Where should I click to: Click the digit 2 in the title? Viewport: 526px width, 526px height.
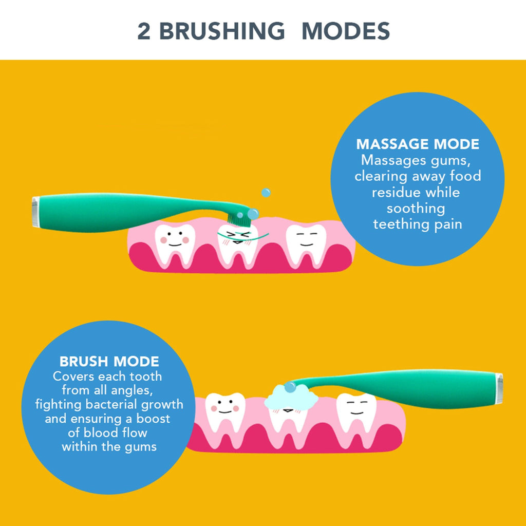(x=144, y=31)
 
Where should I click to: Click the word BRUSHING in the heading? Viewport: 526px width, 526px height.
(x=222, y=31)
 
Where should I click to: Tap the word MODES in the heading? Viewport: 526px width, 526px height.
(x=346, y=31)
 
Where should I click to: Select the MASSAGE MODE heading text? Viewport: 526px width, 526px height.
(x=418, y=144)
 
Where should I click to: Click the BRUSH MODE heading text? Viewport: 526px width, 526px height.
(x=109, y=362)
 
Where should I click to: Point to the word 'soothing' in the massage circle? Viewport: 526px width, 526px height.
(x=416, y=209)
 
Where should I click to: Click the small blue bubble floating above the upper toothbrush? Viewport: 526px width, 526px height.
(x=266, y=193)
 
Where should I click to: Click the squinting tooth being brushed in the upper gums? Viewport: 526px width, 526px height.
(x=237, y=246)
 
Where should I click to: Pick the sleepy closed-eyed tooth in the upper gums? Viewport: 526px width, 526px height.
(x=306, y=245)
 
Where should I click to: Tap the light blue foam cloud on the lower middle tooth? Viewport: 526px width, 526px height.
(x=291, y=397)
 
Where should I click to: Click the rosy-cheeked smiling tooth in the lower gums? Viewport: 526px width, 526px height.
(x=225, y=417)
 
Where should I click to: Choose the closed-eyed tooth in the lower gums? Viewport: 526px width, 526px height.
(x=356, y=416)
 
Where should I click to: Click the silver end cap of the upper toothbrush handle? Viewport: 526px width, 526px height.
(x=35, y=212)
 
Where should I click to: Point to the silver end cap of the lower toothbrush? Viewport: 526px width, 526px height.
(x=499, y=388)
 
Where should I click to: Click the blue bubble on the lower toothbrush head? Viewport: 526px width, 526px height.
(x=290, y=387)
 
